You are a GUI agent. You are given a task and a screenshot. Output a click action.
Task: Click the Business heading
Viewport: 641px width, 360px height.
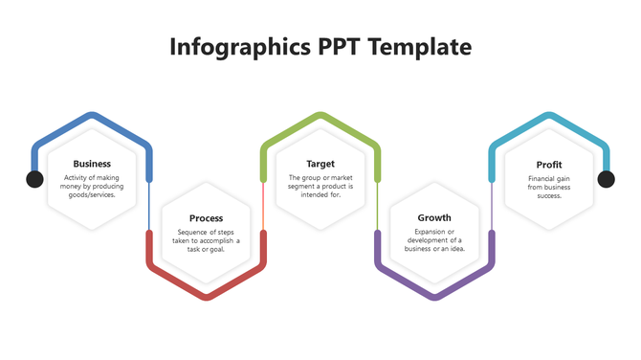(92, 164)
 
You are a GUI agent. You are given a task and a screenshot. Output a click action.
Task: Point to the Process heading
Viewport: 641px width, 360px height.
(206, 218)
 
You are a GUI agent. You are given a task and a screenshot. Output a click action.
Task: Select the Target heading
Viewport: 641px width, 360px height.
(320, 164)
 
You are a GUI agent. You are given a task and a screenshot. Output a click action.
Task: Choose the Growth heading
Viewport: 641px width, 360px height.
(434, 218)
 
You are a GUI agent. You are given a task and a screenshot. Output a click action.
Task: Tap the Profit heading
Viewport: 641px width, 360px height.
(549, 165)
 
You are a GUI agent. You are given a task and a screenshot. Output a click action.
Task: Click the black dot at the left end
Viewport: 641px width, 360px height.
(34, 179)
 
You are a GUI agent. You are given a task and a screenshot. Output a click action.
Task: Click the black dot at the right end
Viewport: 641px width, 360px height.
(606, 179)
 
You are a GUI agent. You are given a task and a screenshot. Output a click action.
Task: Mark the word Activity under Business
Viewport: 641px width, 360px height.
(77, 178)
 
